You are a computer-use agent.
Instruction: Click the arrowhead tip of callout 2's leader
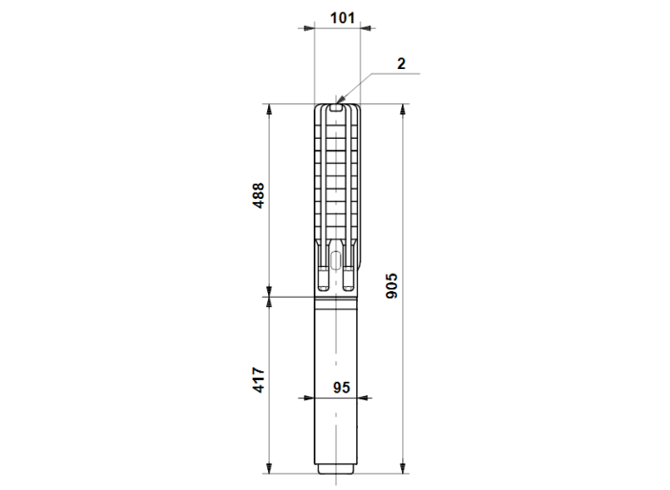click(x=340, y=100)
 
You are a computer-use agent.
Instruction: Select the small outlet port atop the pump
click(x=337, y=107)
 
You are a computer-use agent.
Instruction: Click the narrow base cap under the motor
click(x=337, y=468)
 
